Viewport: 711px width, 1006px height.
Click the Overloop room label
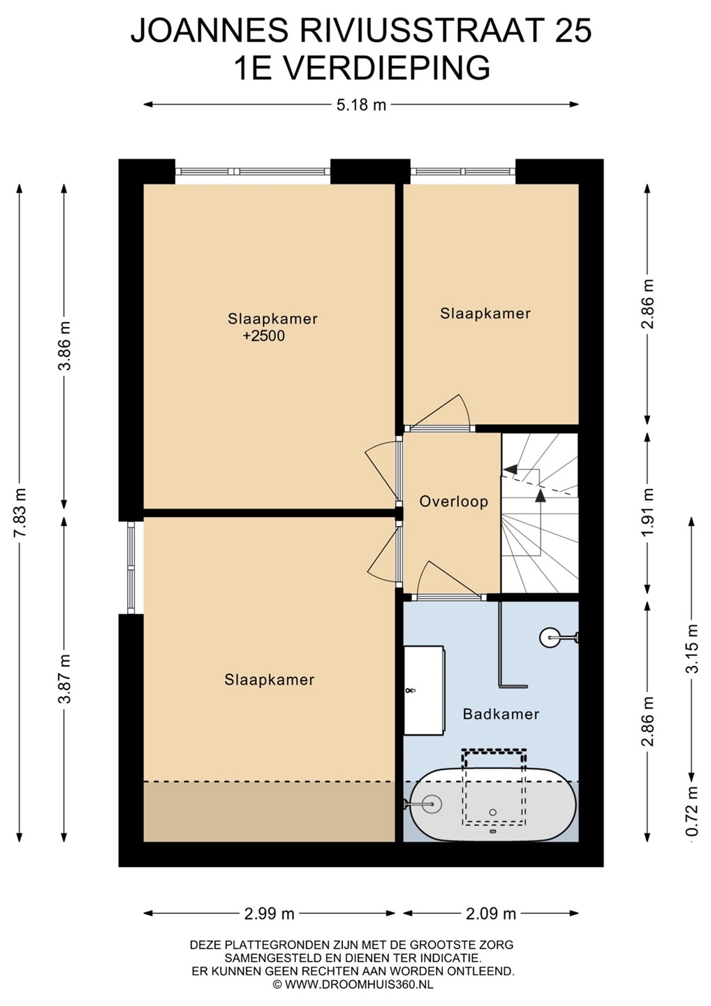(x=453, y=501)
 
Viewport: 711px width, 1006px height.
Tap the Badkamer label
(x=501, y=714)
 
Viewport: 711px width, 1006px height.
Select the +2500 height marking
(x=264, y=336)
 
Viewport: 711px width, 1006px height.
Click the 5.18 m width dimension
(x=361, y=105)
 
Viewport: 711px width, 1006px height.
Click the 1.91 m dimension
(x=647, y=512)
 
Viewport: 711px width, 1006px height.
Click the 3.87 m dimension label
(x=66, y=678)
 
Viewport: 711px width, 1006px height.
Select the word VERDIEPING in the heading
(x=386, y=68)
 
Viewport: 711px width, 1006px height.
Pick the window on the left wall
(x=131, y=567)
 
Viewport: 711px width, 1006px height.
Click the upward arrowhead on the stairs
(x=541, y=494)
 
